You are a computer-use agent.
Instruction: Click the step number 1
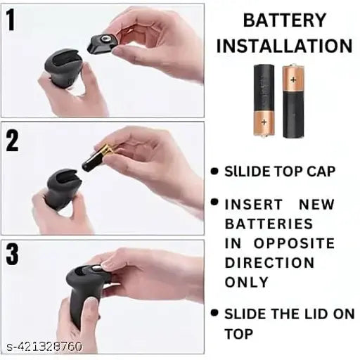[11, 20]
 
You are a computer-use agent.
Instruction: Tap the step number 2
[12, 141]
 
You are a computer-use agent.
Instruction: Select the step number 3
[13, 255]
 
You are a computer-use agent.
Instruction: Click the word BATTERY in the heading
[285, 20]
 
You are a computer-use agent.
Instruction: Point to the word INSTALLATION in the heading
[285, 46]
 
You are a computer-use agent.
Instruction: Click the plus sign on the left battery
[264, 122]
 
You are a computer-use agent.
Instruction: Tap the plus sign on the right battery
[293, 80]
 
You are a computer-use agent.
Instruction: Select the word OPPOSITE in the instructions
[294, 243]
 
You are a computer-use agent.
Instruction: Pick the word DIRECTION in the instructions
[269, 263]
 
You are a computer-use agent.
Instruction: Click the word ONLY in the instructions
[246, 282]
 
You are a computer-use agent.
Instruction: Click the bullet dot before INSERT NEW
[214, 202]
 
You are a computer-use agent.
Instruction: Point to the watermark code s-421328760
[44, 347]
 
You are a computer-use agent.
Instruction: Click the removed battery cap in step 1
[102, 44]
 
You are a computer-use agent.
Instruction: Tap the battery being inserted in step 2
[98, 157]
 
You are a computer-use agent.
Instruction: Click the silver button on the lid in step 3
[95, 268]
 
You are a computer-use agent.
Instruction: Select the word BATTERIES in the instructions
[269, 224]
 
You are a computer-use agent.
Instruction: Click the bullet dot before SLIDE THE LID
[214, 313]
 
